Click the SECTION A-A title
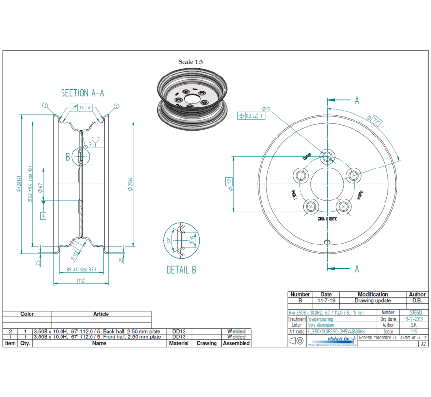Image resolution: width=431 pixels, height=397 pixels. (x=82, y=93)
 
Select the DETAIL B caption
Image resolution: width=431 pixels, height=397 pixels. (x=181, y=270)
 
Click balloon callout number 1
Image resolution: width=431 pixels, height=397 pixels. (x=45, y=105)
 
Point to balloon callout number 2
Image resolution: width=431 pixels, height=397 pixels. (x=117, y=106)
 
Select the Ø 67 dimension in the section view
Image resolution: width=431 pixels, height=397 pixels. (x=42, y=187)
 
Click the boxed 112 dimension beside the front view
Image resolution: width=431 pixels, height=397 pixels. (x=229, y=182)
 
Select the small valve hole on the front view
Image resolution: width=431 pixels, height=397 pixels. (x=328, y=242)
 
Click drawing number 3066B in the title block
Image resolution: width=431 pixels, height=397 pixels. (x=415, y=313)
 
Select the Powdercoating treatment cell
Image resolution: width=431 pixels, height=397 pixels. (x=319, y=319)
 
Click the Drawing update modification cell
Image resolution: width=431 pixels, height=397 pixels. (x=372, y=300)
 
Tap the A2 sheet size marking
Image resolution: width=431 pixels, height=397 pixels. (x=423, y=344)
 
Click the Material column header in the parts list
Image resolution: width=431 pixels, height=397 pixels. (x=179, y=343)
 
